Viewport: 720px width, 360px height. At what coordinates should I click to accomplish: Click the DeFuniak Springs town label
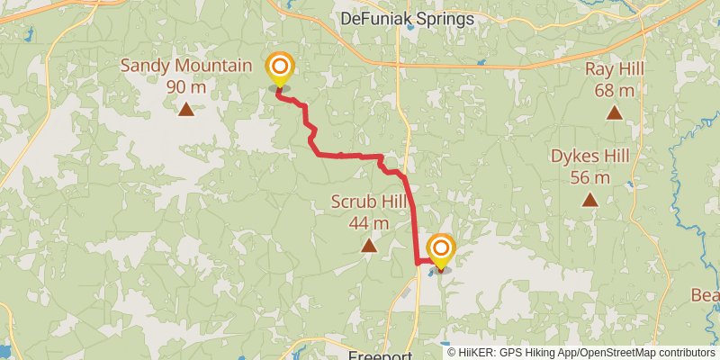tap(406, 17)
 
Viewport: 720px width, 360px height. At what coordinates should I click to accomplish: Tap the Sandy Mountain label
tap(185, 66)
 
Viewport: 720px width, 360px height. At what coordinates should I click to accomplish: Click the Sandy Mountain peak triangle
tap(185, 110)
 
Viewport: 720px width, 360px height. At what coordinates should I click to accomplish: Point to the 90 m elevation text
tap(185, 87)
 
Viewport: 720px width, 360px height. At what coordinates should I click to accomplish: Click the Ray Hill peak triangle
tap(614, 112)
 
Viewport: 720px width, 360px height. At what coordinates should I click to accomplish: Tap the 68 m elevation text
tap(615, 90)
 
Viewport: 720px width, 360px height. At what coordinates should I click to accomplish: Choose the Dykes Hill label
tap(590, 156)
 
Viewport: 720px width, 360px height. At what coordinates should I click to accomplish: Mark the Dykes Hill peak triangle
tap(590, 200)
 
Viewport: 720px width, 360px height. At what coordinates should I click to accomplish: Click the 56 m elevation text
tap(590, 177)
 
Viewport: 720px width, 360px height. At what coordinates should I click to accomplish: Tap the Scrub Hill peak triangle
tap(369, 245)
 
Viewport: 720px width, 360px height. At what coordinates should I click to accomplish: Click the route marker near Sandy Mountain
tap(280, 67)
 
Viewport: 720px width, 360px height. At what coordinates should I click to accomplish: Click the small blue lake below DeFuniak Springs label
tap(410, 27)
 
